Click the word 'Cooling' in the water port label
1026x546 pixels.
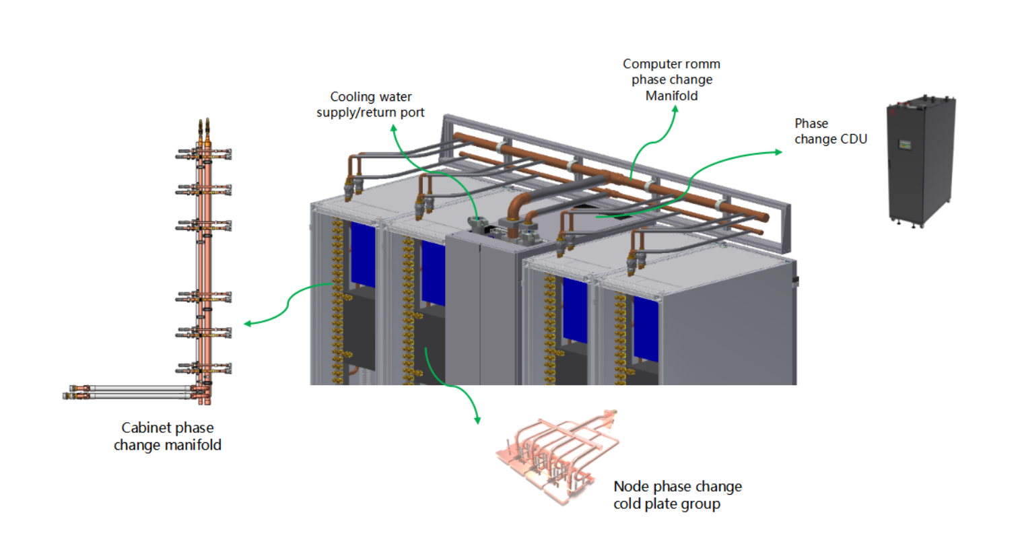(352, 97)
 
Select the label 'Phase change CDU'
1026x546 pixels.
(830, 131)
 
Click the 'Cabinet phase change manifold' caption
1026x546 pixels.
(168, 436)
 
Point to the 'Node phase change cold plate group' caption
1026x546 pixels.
(677, 495)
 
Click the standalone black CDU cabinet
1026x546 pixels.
(921, 162)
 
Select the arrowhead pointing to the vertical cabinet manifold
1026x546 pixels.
(247, 324)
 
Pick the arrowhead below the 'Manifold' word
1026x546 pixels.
(674, 108)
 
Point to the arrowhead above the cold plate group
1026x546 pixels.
(478, 421)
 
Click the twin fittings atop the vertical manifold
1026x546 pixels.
(203, 126)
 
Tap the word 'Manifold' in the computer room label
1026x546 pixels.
(671, 96)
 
